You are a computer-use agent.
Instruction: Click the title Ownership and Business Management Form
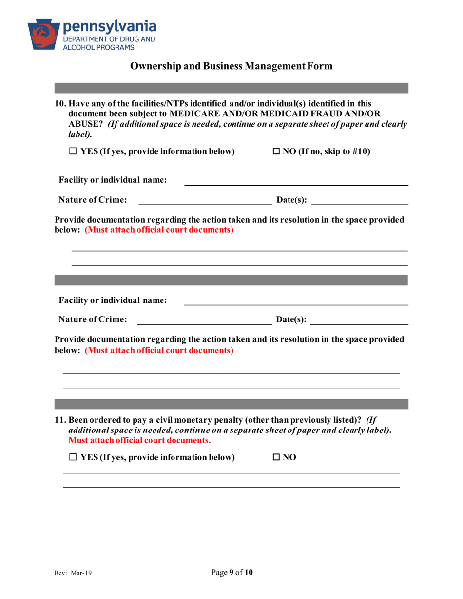(231, 66)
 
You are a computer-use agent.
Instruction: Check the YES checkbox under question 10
(73, 152)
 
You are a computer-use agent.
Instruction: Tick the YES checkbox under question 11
(73, 457)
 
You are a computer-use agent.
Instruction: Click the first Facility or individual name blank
(295, 182)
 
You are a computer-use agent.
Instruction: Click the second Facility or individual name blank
(295, 301)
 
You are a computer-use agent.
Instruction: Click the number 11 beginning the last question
(59, 420)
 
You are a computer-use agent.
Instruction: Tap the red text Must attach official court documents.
(140, 440)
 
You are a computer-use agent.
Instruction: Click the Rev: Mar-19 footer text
(73, 573)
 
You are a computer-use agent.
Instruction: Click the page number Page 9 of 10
(232, 573)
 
